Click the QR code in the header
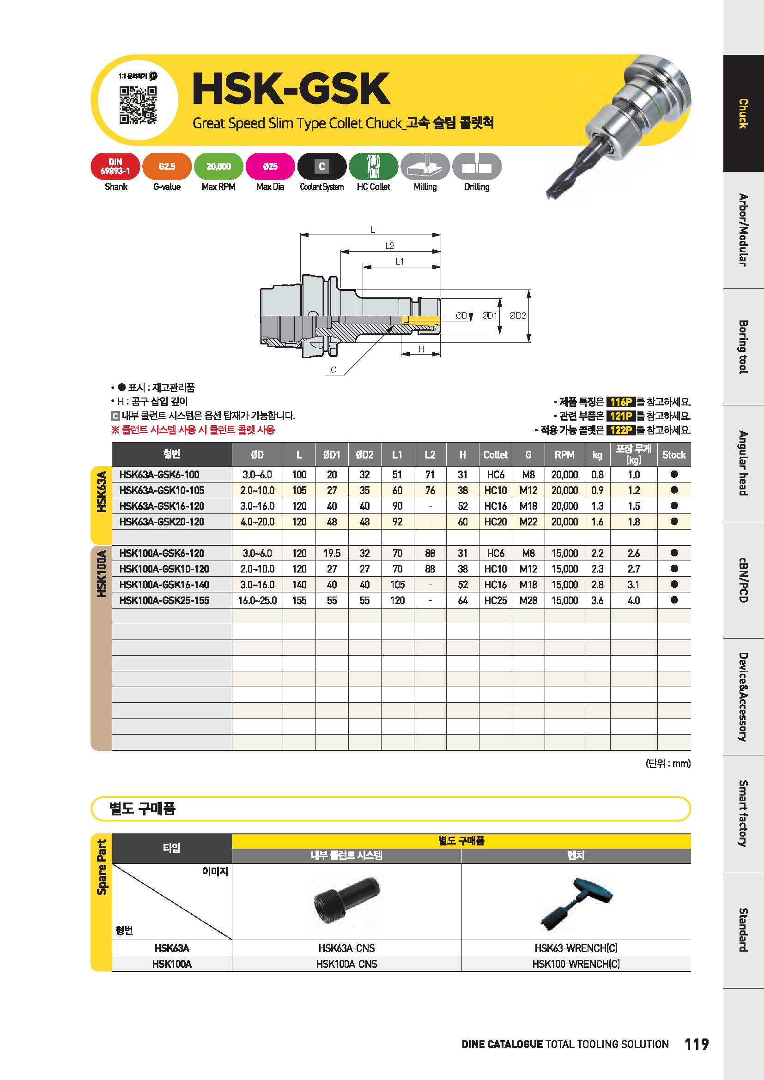(138, 105)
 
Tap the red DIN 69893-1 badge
(115, 167)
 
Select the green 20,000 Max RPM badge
(219, 167)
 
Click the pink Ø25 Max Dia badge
(271, 167)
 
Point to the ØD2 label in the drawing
(517, 316)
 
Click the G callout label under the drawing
(333, 370)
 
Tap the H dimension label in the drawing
(422, 349)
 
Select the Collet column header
(495, 455)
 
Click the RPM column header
(564, 455)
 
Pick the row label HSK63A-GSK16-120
(162, 506)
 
